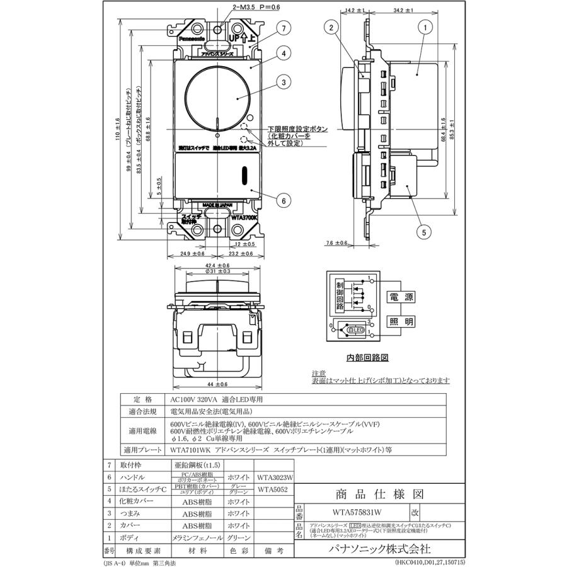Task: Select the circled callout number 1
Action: (427, 28)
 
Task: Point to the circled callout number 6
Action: (284, 200)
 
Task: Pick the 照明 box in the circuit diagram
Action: (400, 321)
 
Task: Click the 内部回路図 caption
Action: (367, 357)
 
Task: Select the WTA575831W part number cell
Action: (357, 513)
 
